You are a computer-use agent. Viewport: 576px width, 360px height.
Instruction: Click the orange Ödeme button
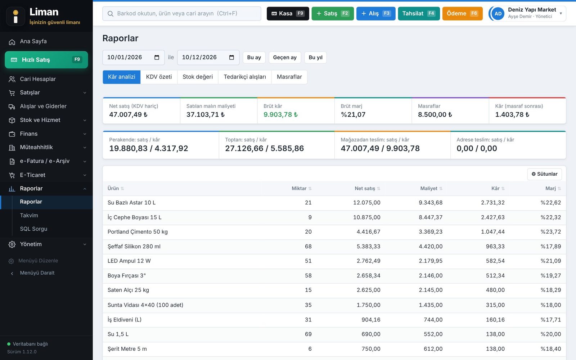[462, 13]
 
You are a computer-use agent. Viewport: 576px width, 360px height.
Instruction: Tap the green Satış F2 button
[333, 13]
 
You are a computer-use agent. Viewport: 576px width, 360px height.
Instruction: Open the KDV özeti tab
[159, 77]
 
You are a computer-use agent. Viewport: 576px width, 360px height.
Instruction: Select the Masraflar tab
[289, 77]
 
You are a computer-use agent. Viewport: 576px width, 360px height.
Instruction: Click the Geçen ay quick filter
[285, 57]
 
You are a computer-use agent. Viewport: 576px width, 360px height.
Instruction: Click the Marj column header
[550, 189]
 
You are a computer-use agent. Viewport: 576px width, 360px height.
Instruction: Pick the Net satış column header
[365, 189]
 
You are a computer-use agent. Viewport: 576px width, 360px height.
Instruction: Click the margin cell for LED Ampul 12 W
[550, 261]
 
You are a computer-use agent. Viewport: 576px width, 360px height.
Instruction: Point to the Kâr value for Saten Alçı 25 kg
[495, 290]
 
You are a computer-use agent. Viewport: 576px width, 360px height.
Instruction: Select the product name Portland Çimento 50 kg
[138, 232]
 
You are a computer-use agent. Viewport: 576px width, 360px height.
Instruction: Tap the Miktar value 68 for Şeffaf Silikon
[308, 246]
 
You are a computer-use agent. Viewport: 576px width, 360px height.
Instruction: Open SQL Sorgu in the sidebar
[33, 229]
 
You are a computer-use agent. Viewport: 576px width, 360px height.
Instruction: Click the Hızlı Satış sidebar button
[46, 60]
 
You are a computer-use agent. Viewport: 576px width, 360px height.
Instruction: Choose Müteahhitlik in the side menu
[36, 147]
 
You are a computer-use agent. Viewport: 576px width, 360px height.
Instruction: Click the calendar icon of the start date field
[157, 57]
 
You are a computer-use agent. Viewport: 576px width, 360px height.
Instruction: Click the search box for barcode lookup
[181, 13]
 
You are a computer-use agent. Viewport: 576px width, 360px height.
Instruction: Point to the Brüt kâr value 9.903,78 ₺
[280, 114]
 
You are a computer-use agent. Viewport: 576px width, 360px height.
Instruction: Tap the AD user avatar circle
[498, 13]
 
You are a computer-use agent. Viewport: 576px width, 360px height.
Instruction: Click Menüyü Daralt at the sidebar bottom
[37, 273]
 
